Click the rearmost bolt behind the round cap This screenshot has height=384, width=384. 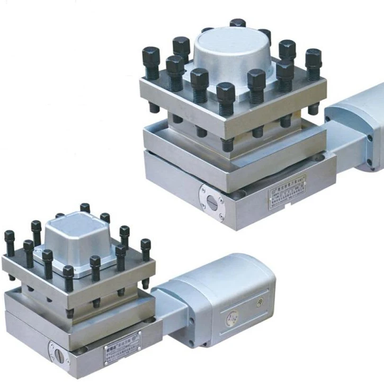coord(238,23)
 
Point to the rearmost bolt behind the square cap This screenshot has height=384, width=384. coord(85,207)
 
